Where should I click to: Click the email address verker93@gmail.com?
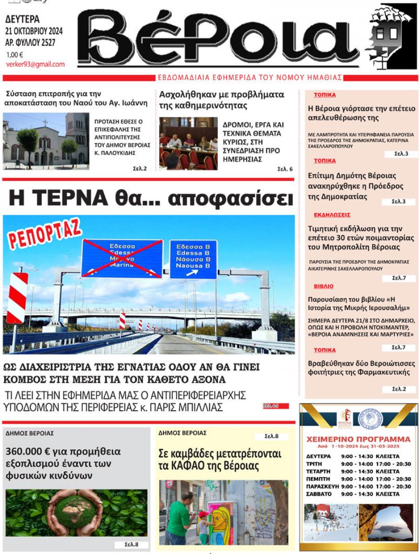click(x=35, y=65)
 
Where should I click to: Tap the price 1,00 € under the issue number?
click(x=14, y=54)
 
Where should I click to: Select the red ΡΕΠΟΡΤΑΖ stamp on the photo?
click(x=44, y=233)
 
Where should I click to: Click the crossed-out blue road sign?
click(x=122, y=258)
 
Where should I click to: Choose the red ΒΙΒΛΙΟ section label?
click(x=324, y=287)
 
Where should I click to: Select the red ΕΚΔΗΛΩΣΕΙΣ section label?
click(x=332, y=215)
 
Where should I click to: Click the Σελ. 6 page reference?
click(x=285, y=169)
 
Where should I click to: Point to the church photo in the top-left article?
click(x=46, y=141)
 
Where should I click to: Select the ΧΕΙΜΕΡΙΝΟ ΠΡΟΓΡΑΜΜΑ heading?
click(x=358, y=440)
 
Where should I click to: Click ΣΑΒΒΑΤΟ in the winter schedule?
click(x=319, y=494)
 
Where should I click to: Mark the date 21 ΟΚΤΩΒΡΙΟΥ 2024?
click(x=34, y=32)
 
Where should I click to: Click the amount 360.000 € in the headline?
click(x=31, y=451)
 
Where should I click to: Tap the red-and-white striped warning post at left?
click(x=17, y=298)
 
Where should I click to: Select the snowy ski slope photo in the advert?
click(x=331, y=522)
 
